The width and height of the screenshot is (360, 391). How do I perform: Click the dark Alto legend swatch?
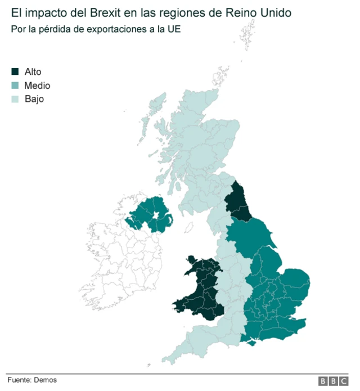(x=15, y=72)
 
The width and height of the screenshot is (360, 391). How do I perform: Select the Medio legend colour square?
(x=15, y=86)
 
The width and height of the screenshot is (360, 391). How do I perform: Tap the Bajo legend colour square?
(x=15, y=99)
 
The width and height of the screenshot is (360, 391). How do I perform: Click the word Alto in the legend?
(x=33, y=72)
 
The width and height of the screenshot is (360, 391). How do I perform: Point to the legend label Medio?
(x=37, y=86)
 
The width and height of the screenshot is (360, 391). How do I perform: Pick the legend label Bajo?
(x=34, y=99)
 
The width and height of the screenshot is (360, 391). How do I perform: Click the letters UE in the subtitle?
(x=175, y=28)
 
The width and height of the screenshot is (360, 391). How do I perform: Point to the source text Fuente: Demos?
(x=32, y=380)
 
